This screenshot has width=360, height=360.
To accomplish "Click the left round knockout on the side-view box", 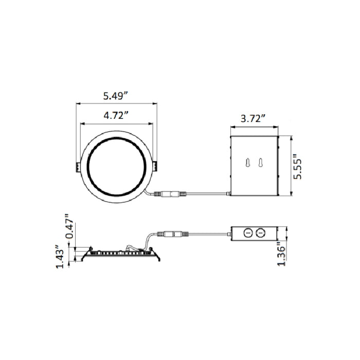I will point(247,233).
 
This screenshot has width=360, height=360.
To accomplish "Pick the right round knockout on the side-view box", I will point(260,233).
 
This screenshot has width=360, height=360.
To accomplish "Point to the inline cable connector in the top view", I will point(170,195).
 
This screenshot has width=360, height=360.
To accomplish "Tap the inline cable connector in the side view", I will point(172,234).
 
